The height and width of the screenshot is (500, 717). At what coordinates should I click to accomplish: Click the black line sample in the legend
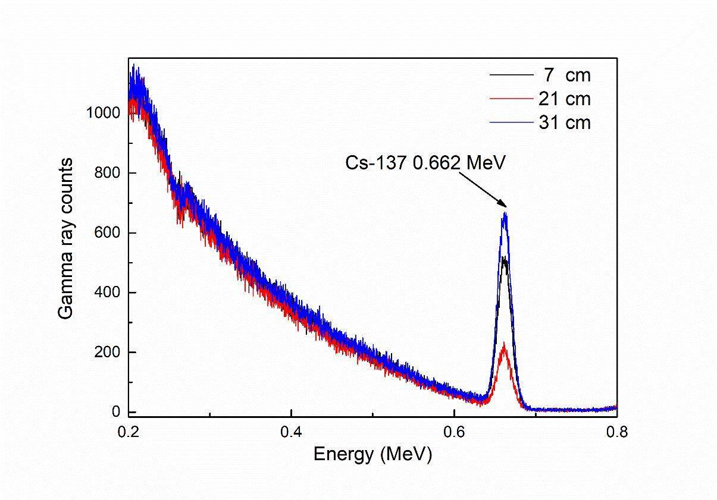[x=510, y=76]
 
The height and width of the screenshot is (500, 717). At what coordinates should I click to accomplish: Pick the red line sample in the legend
[x=510, y=99]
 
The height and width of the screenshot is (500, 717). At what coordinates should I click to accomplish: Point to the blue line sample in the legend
[x=510, y=122]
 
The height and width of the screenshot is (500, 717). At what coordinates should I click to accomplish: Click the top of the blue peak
[x=505, y=213]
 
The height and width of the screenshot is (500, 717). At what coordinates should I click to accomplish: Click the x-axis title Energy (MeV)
[x=372, y=454]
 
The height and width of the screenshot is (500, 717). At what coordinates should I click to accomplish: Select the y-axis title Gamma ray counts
[x=67, y=238]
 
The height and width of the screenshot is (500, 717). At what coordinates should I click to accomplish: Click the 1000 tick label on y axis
[x=103, y=113]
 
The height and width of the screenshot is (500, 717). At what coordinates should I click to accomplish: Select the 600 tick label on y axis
[x=107, y=232]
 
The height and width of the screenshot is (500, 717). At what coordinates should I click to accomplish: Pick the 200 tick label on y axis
[x=107, y=352]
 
